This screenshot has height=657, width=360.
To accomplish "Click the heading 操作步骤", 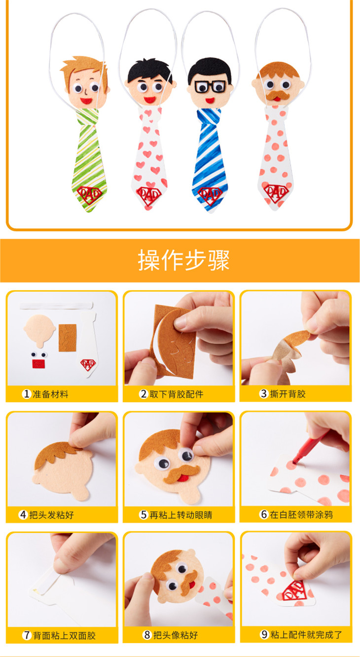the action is [x=183, y=260].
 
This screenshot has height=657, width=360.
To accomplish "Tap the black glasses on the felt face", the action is [x=211, y=87].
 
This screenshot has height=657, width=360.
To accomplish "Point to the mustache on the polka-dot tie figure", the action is [x=277, y=95].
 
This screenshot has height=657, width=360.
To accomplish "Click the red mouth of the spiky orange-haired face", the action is [x=86, y=101].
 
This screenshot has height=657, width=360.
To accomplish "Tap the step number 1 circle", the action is [x=27, y=394].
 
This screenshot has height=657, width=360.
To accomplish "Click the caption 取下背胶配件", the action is [x=177, y=394].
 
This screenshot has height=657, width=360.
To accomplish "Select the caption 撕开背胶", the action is [x=288, y=394].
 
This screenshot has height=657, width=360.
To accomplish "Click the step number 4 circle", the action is [x=23, y=515].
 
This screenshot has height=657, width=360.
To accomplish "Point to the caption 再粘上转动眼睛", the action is [x=180, y=515].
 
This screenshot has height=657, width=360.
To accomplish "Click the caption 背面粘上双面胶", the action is [x=64, y=635].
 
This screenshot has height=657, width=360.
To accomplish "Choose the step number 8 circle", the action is [x=146, y=635].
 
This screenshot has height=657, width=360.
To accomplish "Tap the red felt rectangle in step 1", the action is [x=39, y=364].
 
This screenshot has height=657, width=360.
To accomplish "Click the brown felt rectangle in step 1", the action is [x=68, y=338].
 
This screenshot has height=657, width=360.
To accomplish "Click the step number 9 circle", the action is [x=264, y=635].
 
